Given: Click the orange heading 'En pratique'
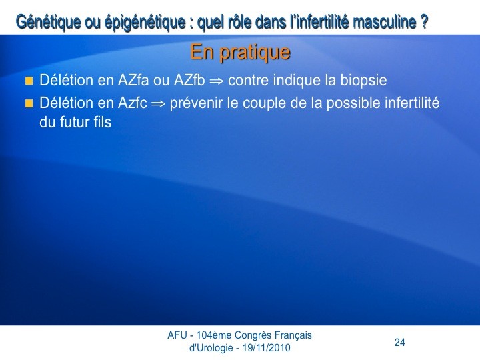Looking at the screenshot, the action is tap(240, 53).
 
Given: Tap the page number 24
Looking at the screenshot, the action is tap(400, 342).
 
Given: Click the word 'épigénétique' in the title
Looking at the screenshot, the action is tap(145, 23).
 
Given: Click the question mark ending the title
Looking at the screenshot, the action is tap(424, 22).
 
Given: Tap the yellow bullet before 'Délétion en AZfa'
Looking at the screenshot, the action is tap(29, 81).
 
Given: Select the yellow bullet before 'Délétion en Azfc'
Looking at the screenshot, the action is tap(29, 103).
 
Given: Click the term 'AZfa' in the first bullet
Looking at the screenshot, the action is tap(133, 80).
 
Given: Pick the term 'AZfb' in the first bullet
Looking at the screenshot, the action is tap(189, 80).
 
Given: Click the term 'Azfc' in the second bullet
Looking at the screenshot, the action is tap(132, 103).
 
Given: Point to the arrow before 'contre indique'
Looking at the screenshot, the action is tap(217, 81).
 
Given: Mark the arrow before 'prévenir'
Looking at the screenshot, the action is tap(159, 104).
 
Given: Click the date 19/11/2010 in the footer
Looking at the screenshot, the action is tap(266, 348).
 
